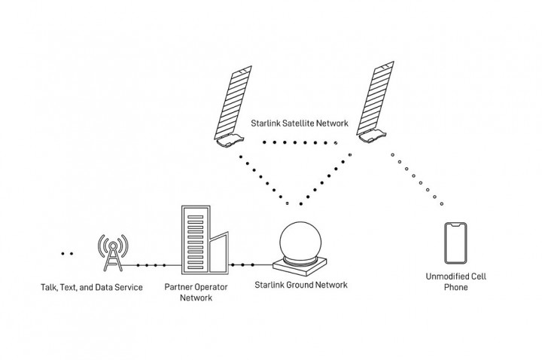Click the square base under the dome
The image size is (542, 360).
point(301,265)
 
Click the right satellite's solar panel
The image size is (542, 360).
point(382,98)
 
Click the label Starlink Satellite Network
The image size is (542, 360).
point(299,121)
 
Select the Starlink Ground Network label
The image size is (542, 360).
point(302,285)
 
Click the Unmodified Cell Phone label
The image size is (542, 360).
point(457,282)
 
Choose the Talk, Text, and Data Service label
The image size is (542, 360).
point(92,287)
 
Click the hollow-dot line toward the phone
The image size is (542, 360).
point(417,178)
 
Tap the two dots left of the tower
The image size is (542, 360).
point(67,254)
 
